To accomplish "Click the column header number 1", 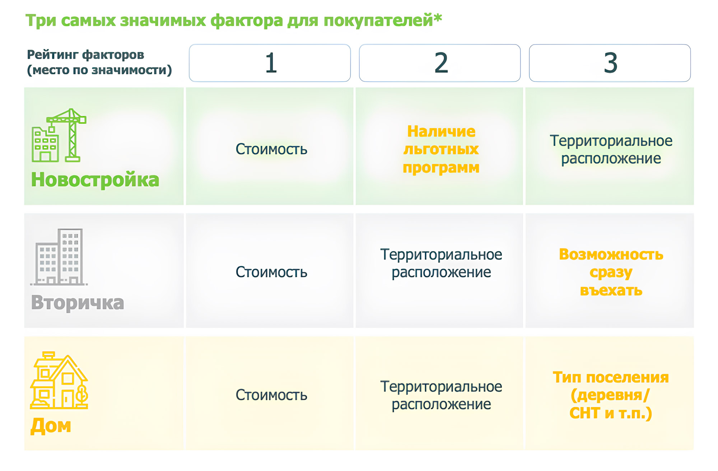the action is coord(271,63).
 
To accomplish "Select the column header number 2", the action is coord(441,63).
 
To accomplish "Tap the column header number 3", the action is coord(610,63).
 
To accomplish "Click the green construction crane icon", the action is coord(59,135).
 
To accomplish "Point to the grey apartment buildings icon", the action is coord(59,257).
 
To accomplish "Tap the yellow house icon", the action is coord(59,380).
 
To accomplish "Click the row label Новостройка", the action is coord(95,180).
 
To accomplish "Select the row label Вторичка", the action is coord(78,302).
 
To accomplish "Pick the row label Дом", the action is coord(51,426).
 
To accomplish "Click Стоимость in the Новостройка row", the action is coord(271,149).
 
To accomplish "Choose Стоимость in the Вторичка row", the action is coord(271,272).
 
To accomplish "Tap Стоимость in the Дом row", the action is coord(271,395).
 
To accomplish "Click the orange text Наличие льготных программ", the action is coord(441,149).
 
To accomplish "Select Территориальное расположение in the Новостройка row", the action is coord(611,149).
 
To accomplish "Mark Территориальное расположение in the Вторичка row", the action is coord(441,263).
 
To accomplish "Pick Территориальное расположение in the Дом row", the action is coord(441,395).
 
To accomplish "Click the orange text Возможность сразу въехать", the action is coord(611,272).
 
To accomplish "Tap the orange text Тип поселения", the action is coord(611,378).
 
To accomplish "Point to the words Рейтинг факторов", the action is coord(85,55).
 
